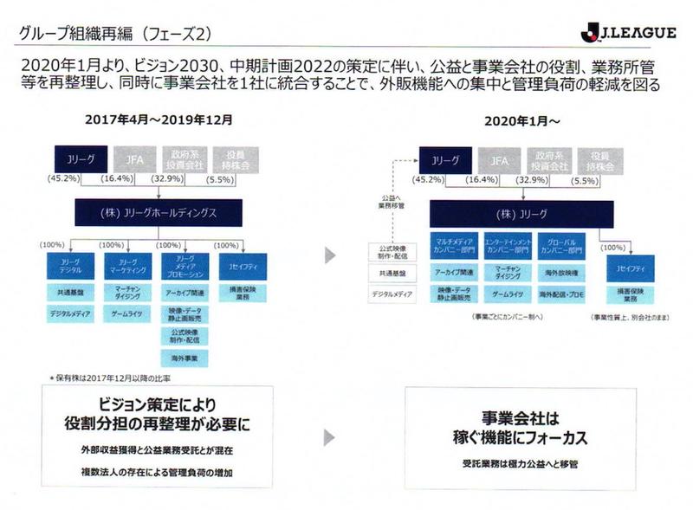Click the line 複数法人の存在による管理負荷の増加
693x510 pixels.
pos(155,473)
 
